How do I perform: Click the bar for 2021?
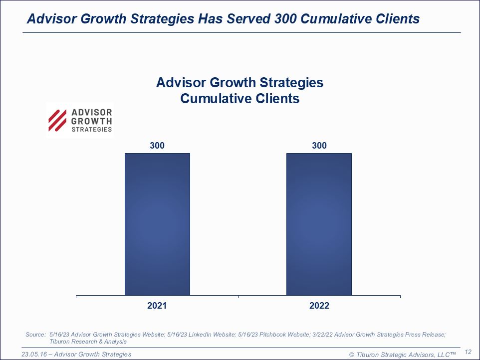coord(157,224)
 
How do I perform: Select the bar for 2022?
coord(319,224)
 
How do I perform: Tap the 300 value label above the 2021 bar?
coord(157,146)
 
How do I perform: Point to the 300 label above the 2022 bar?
coord(319,146)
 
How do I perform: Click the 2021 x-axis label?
coord(157,306)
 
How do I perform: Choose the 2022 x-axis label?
coord(319,306)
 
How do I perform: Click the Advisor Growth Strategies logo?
coord(80,120)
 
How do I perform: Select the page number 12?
coord(468,352)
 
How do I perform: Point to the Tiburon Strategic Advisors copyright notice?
coord(402,354)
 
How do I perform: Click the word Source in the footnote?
coord(35,334)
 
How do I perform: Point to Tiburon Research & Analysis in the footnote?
coord(88,342)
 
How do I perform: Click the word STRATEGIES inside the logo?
coord(92,129)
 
